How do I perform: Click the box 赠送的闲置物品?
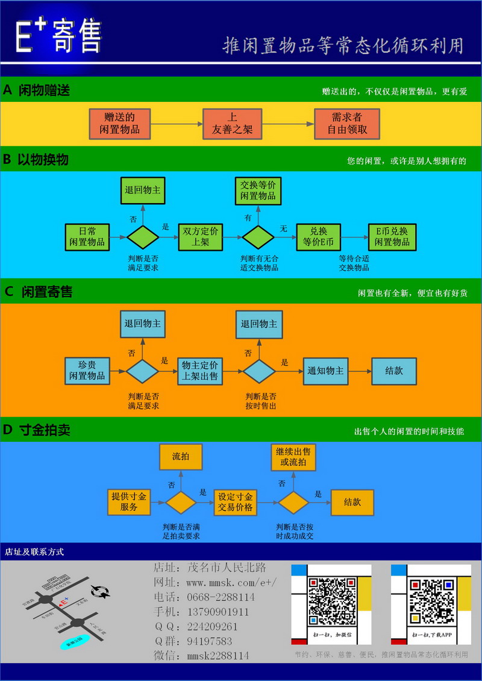pyautogui.click(x=120, y=124)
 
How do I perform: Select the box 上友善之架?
pyautogui.click(x=232, y=124)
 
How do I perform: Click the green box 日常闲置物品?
pyautogui.click(x=87, y=237)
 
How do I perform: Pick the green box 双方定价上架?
pyautogui.click(x=200, y=237)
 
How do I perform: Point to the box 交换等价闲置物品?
pyautogui.click(x=258, y=190)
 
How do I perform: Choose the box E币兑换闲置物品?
pyautogui.click(x=392, y=237)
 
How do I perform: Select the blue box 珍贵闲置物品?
pyautogui.click(x=87, y=371)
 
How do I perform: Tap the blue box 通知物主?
pyautogui.click(x=325, y=371)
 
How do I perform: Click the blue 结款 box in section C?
pyautogui.click(x=393, y=371)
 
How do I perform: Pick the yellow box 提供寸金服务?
pyautogui.click(x=128, y=501)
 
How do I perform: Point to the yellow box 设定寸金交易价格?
pyautogui.click(x=235, y=501)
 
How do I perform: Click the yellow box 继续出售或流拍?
pyautogui.click(x=293, y=457)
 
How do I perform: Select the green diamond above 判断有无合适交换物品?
pyautogui.click(x=258, y=237)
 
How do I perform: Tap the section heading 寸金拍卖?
pyautogui.click(x=45, y=430)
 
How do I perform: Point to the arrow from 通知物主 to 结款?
pyautogui.click(x=360, y=371)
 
